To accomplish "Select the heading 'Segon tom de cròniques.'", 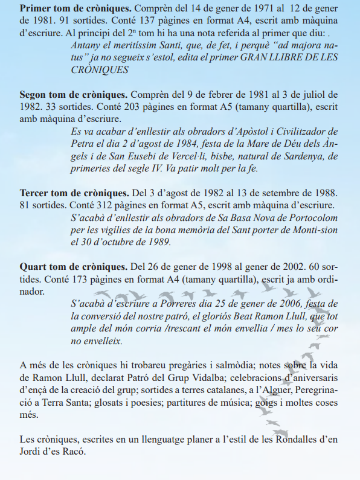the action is pyautogui.click(x=74, y=95).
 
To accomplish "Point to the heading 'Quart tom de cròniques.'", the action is pyautogui.click(x=74, y=266).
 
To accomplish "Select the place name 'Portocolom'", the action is pyautogui.click(x=313, y=217).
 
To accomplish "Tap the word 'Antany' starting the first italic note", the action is pyautogui.click(x=86, y=45).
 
